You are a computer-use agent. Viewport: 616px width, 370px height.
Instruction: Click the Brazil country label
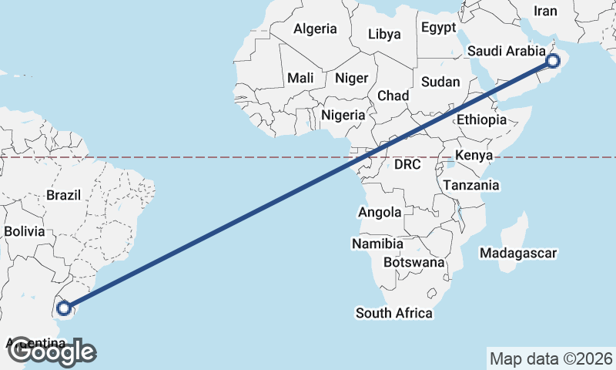(63, 196)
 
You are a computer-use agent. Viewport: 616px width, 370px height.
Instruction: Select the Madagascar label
(517, 253)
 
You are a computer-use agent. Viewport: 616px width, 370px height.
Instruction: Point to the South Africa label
(393, 313)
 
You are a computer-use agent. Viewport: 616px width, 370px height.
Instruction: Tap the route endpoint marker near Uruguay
(65, 309)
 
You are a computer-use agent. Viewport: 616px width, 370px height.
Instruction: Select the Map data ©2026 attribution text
(551, 358)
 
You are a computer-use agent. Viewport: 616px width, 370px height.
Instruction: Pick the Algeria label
(315, 29)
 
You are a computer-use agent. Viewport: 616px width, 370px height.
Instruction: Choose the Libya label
(384, 34)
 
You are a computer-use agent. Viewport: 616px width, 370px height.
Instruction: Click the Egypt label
(439, 28)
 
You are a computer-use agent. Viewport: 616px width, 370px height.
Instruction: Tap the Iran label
(545, 11)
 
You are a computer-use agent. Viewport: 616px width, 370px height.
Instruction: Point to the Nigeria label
(343, 115)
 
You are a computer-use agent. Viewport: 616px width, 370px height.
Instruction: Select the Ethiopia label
(481, 119)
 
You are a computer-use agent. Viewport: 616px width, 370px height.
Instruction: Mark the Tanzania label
(471, 185)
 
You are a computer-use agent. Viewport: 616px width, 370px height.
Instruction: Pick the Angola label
(380, 212)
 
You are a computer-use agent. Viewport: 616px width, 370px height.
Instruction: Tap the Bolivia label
(25, 230)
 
